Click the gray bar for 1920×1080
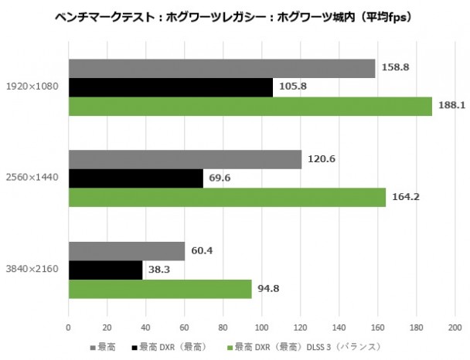click(x=222, y=68)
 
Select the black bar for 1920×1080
click(x=171, y=87)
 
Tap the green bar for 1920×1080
click(x=250, y=106)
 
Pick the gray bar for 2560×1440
click(x=185, y=159)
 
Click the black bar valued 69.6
click(x=136, y=178)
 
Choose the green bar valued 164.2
click(x=227, y=197)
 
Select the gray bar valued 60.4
click(x=127, y=251)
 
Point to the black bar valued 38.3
click(x=106, y=270)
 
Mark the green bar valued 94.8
click(x=160, y=289)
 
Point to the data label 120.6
click(x=320, y=159)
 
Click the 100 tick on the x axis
click(x=262, y=325)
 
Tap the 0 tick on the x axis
click(x=69, y=325)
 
